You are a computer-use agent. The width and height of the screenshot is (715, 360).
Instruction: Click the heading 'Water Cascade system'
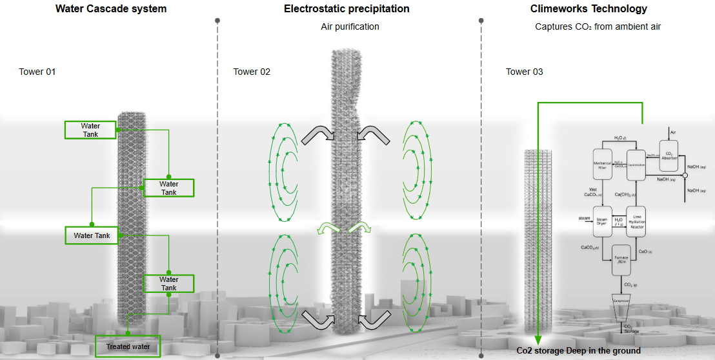pos(111,9)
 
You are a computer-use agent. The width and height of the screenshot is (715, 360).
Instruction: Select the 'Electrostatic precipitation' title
pos(347,9)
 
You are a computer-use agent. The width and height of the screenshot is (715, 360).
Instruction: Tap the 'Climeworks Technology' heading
pos(589,9)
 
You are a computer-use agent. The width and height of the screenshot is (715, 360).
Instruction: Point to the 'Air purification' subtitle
pos(350,26)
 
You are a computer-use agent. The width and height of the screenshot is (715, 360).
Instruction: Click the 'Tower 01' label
pos(37,72)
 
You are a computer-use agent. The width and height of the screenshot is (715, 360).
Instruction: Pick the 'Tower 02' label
pos(252,72)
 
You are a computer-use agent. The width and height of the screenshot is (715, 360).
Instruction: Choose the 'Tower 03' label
pos(524,72)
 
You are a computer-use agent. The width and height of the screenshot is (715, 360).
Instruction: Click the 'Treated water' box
pos(128,346)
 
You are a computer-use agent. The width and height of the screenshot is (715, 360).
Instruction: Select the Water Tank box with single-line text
pos(92,235)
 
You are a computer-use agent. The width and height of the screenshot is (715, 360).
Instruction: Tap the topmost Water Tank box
pos(90,130)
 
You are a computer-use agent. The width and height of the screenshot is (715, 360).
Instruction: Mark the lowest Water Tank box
pos(168,284)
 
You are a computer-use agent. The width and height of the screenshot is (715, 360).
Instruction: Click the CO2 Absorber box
pos(669,153)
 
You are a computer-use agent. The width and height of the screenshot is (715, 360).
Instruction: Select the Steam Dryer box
pos(602,220)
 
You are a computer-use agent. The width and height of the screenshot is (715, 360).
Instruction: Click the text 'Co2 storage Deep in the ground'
pos(578,350)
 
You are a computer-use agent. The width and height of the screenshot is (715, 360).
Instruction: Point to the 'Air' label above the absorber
pos(672,132)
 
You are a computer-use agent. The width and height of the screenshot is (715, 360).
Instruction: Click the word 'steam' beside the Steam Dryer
pos(585,219)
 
